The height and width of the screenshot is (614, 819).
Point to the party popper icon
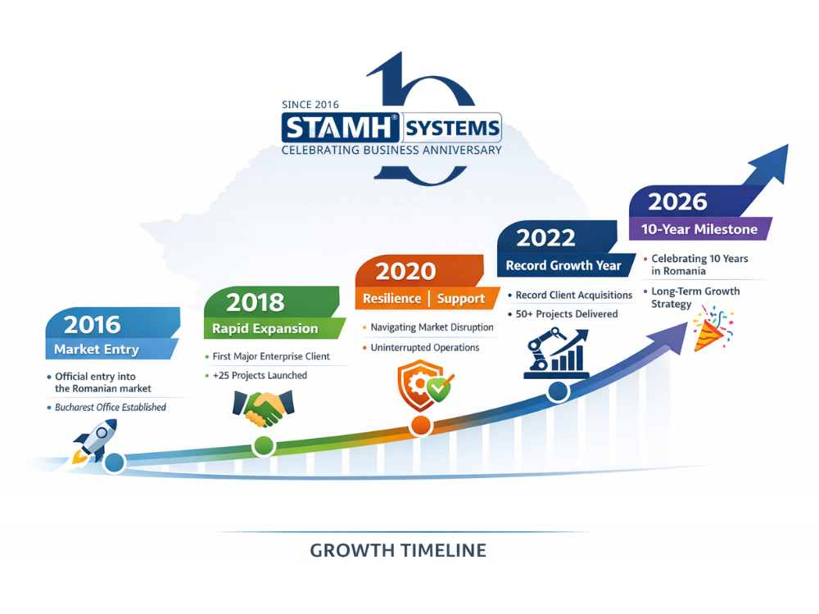tap(713, 329)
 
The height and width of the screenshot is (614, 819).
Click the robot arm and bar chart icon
tap(557, 353)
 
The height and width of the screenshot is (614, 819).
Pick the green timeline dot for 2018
tap(264, 446)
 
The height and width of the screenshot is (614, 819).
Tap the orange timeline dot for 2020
tap(420, 426)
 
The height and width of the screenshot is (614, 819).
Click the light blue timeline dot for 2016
tap(115, 463)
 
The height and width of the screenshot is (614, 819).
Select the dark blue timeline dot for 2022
tap(558, 391)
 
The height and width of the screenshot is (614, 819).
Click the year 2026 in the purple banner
tap(677, 202)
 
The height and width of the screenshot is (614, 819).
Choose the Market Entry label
tap(97, 350)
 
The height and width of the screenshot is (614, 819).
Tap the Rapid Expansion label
tap(265, 328)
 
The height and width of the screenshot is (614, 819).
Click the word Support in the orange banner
tap(460, 299)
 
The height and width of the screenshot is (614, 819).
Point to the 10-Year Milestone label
tap(699, 229)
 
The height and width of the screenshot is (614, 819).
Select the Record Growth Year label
tap(563, 265)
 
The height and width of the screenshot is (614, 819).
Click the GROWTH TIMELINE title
tap(398, 550)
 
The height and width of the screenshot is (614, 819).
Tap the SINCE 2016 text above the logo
tap(310, 105)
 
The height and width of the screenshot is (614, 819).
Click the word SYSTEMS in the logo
tap(452, 128)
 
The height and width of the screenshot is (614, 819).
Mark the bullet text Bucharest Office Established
tap(111, 407)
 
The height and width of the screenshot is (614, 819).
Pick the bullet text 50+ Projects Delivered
tap(567, 314)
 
